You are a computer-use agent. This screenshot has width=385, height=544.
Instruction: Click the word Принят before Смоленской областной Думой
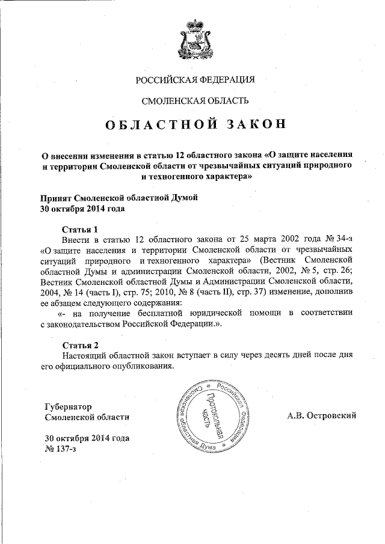tap(56, 198)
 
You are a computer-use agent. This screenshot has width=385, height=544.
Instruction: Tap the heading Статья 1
tap(80, 229)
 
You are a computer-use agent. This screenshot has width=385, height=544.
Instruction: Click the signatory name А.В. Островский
tap(322, 415)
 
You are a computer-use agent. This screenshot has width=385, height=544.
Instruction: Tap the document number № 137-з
tap(60, 448)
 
